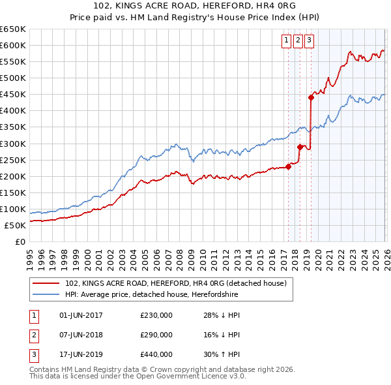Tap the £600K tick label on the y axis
click(13, 45)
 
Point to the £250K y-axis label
click(13, 160)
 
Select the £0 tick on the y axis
click(20, 241)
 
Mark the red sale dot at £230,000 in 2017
click(288, 166)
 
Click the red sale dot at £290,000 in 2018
click(300, 147)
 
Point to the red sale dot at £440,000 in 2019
click(311, 97)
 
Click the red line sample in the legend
click(46, 284)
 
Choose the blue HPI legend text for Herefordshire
click(178, 295)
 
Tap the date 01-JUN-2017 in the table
click(81, 315)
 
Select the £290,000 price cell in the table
click(156, 335)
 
